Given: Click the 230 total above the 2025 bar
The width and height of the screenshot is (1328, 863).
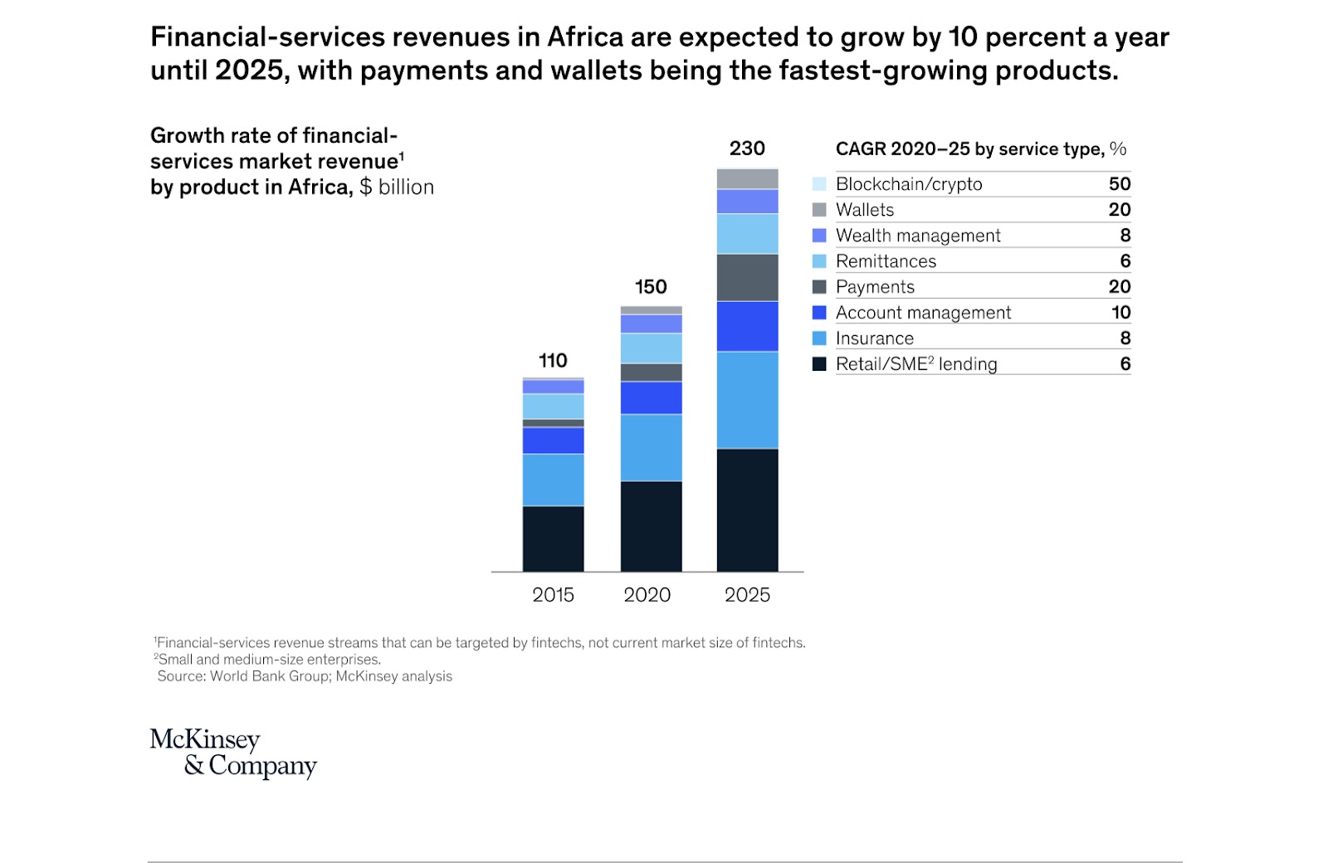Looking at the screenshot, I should [747, 149].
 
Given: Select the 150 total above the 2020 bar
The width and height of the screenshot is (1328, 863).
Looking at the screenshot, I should [651, 287].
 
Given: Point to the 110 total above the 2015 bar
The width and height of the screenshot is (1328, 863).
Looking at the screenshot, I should [553, 361].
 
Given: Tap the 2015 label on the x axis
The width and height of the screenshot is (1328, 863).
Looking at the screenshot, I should [553, 595].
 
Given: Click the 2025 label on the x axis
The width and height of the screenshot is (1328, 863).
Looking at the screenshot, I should [747, 595].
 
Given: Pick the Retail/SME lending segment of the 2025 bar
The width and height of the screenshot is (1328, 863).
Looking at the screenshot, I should [747, 510].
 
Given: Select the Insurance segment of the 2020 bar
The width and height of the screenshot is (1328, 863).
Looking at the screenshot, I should [651, 447].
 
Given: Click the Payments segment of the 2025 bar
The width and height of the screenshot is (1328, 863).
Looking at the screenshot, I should [747, 277].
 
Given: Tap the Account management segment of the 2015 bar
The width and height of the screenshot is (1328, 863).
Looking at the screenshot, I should [553, 441].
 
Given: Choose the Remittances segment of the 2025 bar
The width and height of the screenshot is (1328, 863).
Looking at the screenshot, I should [747, 233].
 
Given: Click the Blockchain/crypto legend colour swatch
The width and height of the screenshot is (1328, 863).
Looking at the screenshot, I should [819, 184].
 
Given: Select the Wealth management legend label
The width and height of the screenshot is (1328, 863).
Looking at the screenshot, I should [918, 236].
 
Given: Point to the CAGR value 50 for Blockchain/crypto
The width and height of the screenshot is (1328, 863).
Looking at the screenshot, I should [1119, 184].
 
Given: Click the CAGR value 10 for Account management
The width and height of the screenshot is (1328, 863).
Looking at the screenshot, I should [1120, 313].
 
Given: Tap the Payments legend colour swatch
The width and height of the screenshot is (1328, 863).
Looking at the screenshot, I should [819, 287].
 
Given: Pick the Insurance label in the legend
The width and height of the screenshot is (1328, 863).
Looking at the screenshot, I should [874, 339].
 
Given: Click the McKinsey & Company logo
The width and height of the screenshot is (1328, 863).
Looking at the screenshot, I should [233, 753].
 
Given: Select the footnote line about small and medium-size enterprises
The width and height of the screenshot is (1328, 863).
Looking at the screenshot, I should [268, 660].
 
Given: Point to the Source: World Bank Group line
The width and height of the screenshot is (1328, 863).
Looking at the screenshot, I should [305, 676].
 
